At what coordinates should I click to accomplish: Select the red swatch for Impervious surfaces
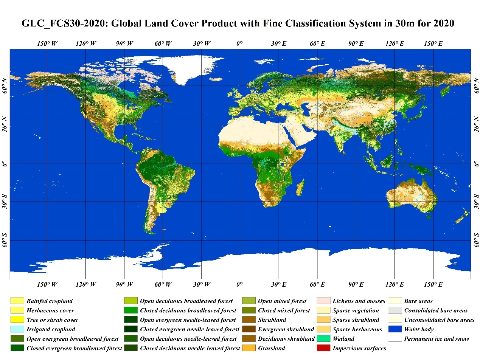[323, 348]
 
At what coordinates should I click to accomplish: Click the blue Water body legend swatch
[395, 329]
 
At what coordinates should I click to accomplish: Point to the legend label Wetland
[343, 338]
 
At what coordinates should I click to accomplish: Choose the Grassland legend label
[271, 348]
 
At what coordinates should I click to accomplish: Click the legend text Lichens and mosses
[359, 301]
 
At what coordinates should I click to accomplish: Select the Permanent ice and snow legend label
[437, 338]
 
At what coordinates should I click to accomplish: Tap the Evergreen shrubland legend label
[286, 329]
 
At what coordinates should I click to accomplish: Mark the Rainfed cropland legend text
[50, 301]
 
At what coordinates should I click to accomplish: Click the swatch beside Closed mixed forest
[249, 310]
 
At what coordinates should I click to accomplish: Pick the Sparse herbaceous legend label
[357, 329]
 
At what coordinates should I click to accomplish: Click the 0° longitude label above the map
[239, 44]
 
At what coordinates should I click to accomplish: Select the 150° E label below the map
[433, 284]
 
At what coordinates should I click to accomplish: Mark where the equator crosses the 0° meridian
[240, 163]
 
